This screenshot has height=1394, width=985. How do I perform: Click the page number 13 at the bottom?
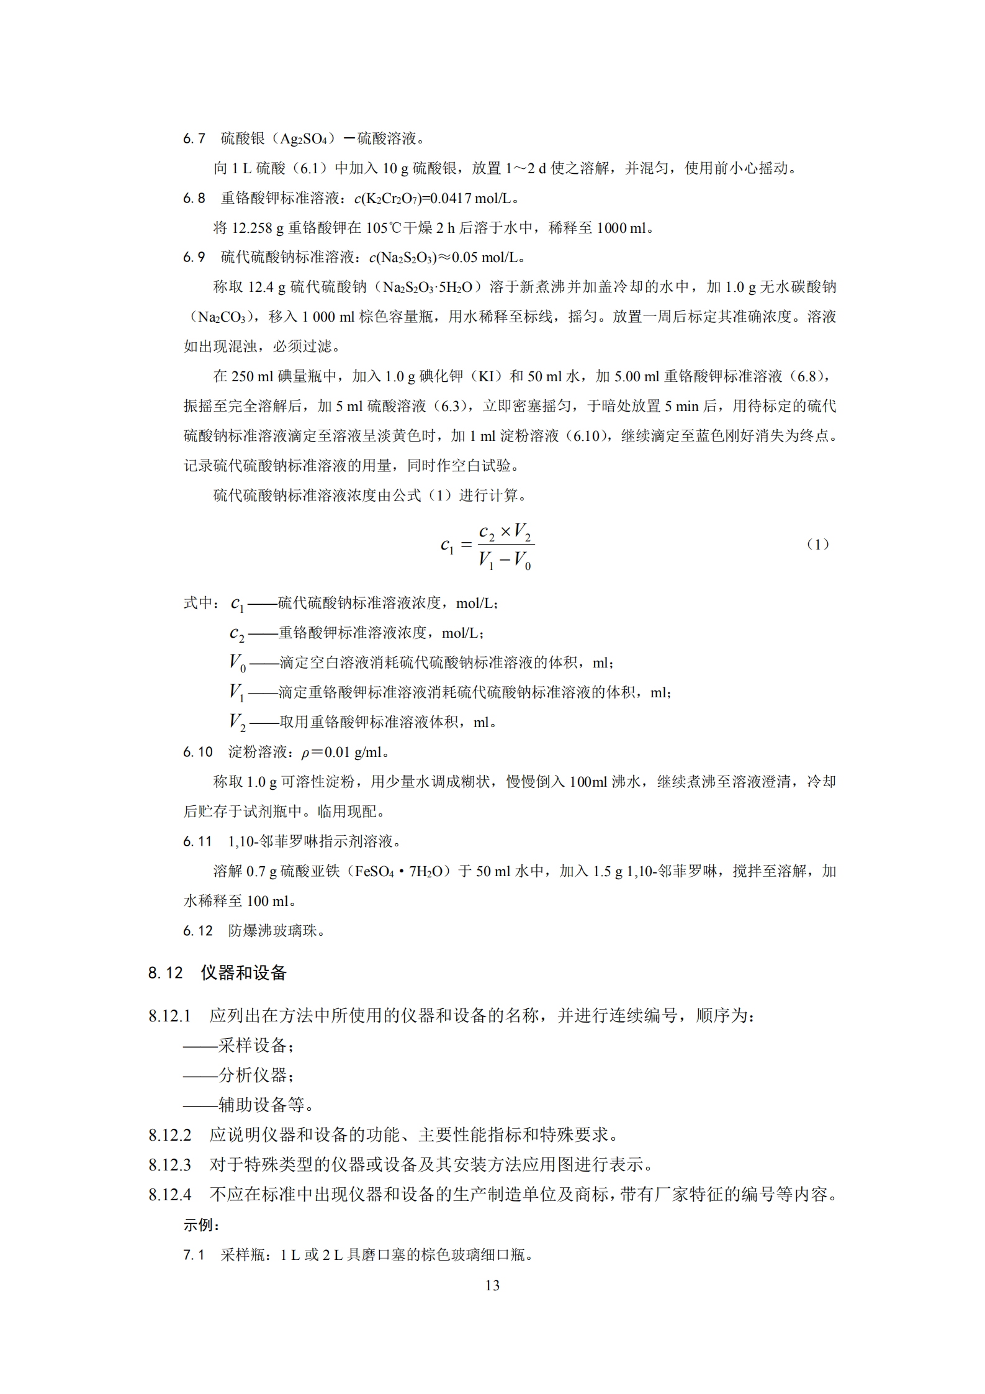click(x=492, y=1285)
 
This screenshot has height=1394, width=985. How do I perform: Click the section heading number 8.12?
click(x=165, y=972)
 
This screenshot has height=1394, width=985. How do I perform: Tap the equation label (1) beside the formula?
click(x=817, y=544)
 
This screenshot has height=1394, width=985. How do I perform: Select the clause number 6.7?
click(x=194, y=138)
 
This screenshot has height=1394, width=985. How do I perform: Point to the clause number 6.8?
click(x=194, y=198)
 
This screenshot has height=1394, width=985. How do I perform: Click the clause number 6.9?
click(x=194, y=257)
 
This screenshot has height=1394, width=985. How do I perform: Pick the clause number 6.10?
click(x=197, y=752)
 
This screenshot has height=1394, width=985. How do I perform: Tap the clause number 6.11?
click(x=197, y=841)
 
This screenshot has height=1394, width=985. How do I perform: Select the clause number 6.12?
click(x=197, y=931)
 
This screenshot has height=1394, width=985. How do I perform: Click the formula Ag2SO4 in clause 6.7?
click(x=304, y=138)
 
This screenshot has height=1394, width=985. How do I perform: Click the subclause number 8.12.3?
click(x=169, y=1164)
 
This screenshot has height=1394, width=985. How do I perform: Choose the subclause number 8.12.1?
click(x=169, y=1015)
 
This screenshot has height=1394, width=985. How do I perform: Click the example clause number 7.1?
click(x=194, y=1255)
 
